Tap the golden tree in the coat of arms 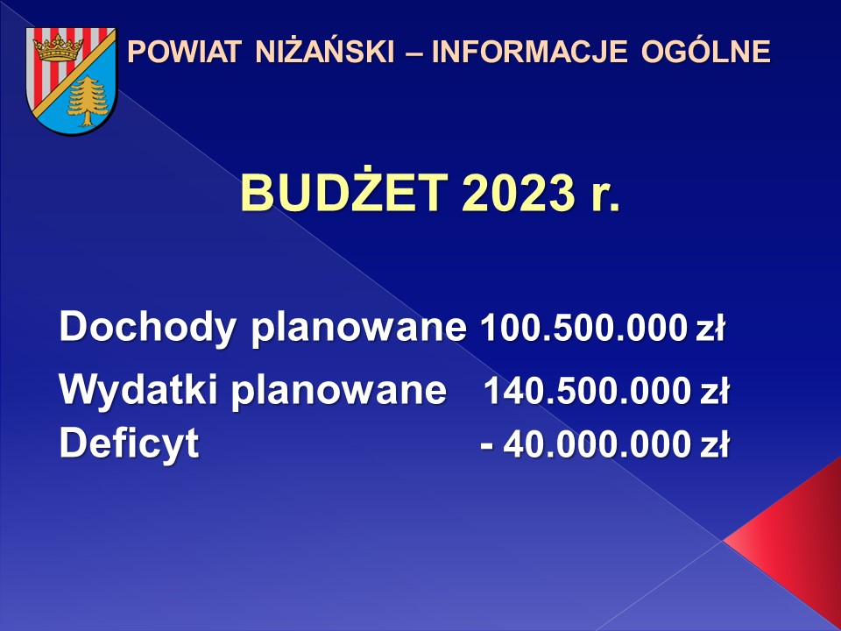(x=88, y=101)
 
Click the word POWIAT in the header (x=184, y=52)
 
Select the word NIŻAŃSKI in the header (x=325, y=52)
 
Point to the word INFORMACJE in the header (x=529, y=52)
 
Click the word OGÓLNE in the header (x=706, y=52)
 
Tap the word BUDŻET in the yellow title (x=344, y=192)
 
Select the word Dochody (x=147, y=327)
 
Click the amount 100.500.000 (x=584, y=327)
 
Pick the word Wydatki (x=138, y=389)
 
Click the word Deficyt (x=130, y=444)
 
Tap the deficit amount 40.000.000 (x=597, y=444)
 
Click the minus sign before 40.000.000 (x=486, y=446)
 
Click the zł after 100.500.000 (x=710, y=327)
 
